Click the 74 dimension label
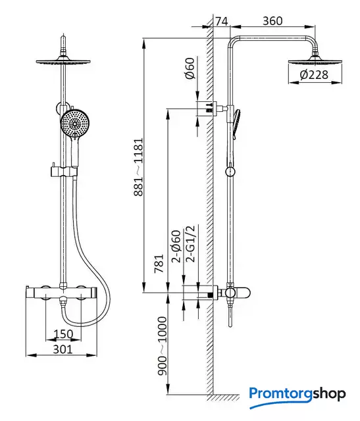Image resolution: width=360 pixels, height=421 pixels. (x=222, y=21)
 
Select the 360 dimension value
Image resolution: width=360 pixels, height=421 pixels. (x=272, y=21)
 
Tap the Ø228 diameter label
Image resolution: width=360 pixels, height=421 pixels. (x=314, y=74)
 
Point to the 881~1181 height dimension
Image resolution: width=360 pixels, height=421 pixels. (x=139, y=167)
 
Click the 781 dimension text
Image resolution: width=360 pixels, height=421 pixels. (x=159, y=264)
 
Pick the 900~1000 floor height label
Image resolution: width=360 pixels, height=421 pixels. (x=162, y=346)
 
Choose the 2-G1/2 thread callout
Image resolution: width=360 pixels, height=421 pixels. (x=190, y=244)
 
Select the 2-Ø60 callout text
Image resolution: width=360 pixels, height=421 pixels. (x=176, y=246)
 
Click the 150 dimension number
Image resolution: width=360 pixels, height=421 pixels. (x=63, y=334)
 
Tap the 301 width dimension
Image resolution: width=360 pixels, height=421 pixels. (x=63, y=349)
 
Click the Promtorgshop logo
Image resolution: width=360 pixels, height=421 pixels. (x=297, y=396)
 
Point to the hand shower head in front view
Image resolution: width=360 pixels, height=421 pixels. (x=73, y=124)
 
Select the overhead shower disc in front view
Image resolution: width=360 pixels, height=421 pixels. (x=63, y=61)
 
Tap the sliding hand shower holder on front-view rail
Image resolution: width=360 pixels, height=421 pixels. (x=64, y=171)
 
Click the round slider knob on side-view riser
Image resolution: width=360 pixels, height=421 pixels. (x=230, y=171)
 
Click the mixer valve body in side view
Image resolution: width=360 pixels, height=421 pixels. (x=236, y=293)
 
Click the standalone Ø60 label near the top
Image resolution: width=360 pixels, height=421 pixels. (x=190, y=68)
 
